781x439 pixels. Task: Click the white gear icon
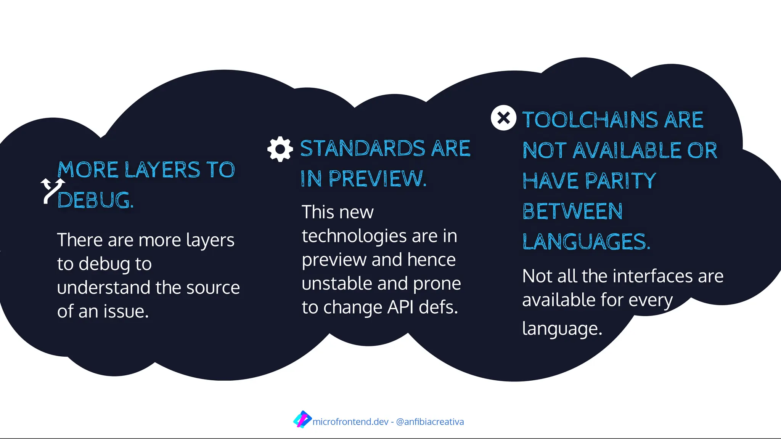click(280, 149)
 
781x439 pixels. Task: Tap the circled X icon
click(503, 118)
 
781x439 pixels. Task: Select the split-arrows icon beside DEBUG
click(53, 190)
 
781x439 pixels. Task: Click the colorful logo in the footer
click(302, 420)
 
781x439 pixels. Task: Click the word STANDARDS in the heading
click(363, 148)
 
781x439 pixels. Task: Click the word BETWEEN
click(572, 211)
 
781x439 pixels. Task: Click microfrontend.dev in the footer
click(350, 422)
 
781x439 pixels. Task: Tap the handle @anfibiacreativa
click(430, 422)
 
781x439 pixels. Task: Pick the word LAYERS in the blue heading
click(162, 170)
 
